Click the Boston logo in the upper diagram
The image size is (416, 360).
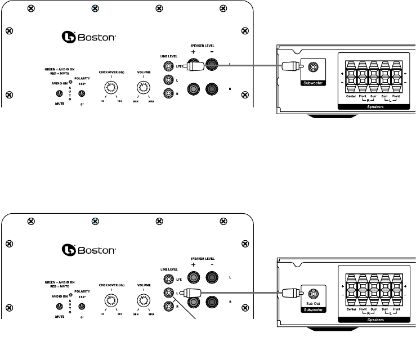coord(88,38)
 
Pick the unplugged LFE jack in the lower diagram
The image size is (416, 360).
coord(168,278)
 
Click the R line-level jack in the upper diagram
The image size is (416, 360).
coord(168,94)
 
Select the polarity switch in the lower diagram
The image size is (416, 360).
coord(82,306)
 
